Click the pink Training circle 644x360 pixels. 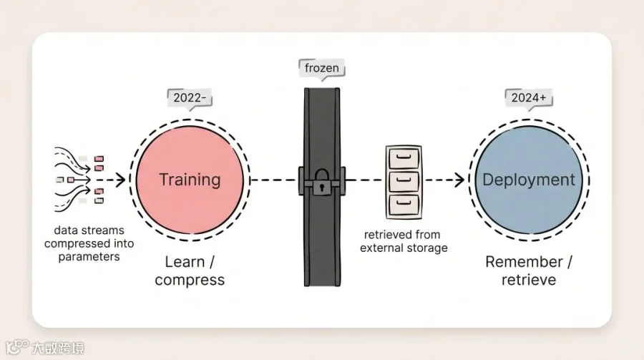190,180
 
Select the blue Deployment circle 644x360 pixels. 529,180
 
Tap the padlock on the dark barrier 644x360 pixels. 321,183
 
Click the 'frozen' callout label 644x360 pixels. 321,69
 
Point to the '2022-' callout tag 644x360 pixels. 190,97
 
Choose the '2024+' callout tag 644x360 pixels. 529,97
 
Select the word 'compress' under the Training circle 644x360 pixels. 190,280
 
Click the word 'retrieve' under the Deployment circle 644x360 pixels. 529,280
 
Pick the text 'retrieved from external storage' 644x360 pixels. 403,241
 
